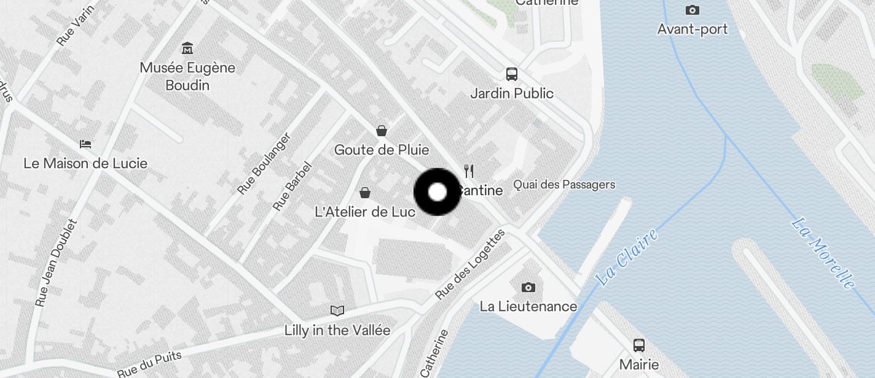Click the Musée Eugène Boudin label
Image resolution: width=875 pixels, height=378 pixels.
point(187,76)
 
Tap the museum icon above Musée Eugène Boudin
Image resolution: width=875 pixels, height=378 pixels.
point(187,48)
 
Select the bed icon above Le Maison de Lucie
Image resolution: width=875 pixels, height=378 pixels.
point(85,144)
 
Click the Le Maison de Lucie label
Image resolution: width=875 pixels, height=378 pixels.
point(85,163)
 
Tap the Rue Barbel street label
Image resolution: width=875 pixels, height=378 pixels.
point(292,186)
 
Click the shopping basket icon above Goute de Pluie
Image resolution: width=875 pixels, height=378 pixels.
point(382,130)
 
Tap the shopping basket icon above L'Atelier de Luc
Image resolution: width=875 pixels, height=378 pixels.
point(365,193)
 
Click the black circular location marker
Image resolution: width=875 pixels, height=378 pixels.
point(437,192)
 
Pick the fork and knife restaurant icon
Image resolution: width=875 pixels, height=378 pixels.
point(469,171)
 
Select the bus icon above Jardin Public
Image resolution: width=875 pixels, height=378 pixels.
point(511,74)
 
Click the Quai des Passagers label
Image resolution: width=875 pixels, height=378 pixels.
point(564,184)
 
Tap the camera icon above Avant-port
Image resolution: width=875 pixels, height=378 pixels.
point(693,10)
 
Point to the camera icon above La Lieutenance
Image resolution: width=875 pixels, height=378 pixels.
point(528,287)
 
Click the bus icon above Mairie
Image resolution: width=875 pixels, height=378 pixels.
point(639,345)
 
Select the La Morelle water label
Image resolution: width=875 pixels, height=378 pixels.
point(823,253)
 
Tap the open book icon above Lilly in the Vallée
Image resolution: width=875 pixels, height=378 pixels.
point(337,310)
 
